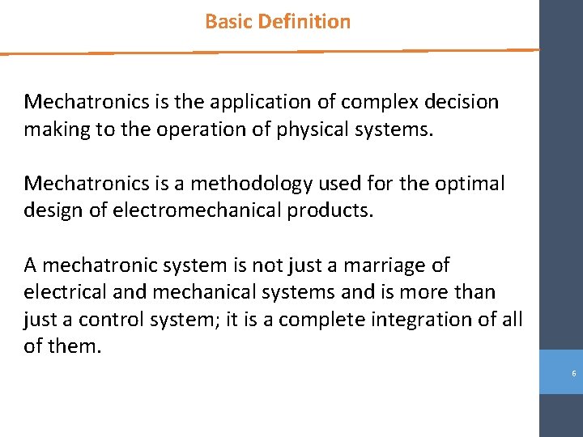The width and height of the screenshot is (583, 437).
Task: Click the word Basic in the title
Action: pos(228,22)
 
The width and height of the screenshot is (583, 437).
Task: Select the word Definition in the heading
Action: pos(304,22)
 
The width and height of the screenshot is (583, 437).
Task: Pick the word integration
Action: pos(424,319)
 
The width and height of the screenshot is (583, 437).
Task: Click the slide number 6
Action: pos(573,373)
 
